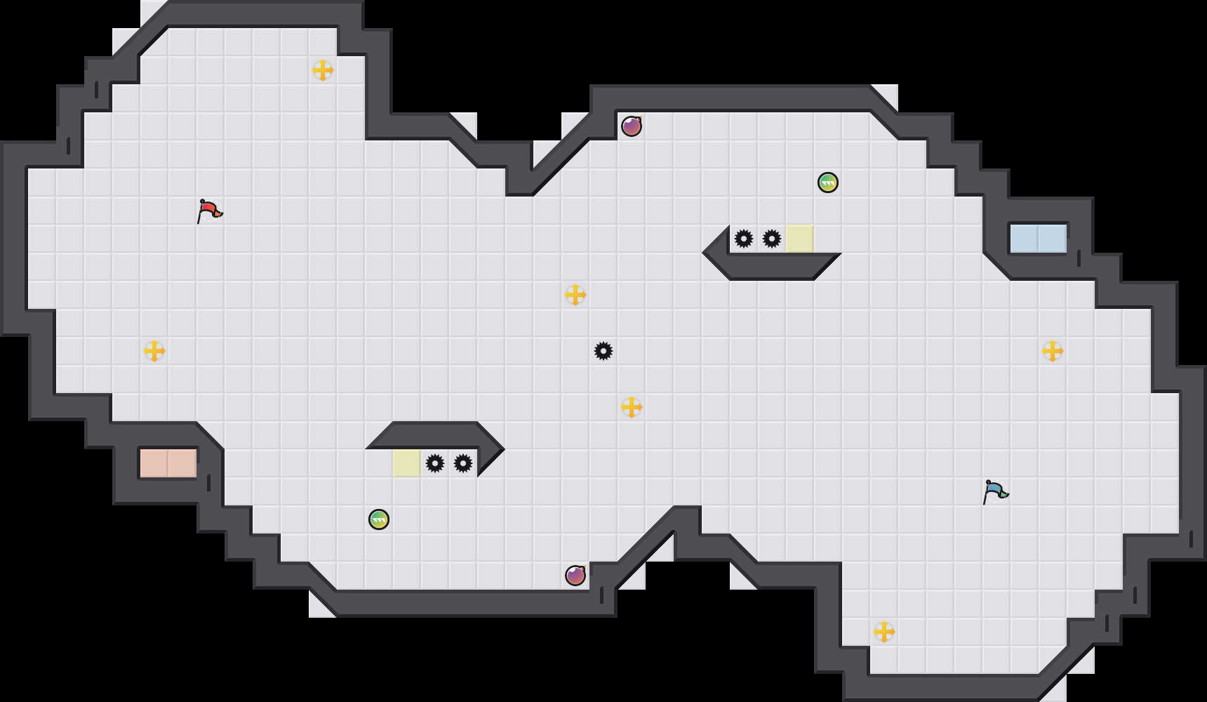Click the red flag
209,211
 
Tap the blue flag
995,491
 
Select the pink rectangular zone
168,463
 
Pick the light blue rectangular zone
1038,239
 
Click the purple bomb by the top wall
632,126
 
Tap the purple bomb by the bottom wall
575,576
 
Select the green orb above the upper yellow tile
828,183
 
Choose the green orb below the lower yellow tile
379,519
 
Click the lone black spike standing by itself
603,351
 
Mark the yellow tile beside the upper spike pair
800,239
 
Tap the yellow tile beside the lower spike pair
407,463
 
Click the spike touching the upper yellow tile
772,239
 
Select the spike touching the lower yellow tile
435,463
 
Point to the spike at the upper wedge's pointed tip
744,239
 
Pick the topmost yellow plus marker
323,70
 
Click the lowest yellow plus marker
884,632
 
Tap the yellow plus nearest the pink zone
154,351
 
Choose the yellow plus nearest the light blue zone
1053,351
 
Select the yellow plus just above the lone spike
575,295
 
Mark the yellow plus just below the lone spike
632,407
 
